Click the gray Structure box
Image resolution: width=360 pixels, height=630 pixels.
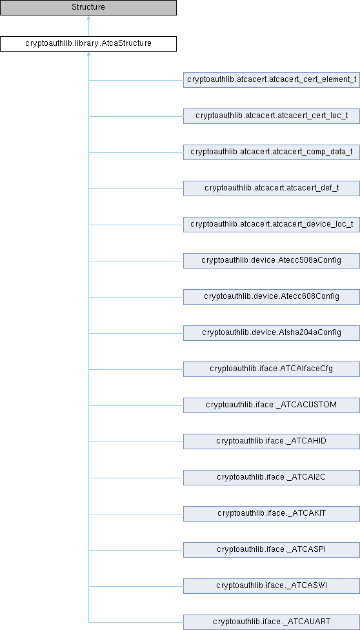pos(88,7)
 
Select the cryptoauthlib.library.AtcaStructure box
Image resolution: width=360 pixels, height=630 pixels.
pos(88,43)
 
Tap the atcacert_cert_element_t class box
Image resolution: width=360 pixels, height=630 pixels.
pos(272,79)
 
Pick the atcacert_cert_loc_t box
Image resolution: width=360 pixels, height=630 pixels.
pos(272,116)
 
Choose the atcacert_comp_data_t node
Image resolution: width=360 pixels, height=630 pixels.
pos(272,152)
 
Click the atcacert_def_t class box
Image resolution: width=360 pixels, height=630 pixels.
pos(272,188)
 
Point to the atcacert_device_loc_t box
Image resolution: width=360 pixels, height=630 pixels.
pos(272,224)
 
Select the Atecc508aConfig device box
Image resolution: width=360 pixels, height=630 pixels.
pos(272,260)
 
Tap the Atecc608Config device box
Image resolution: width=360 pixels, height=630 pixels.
pos(272,296)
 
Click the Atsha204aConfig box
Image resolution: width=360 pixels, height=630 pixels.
pos(272,332)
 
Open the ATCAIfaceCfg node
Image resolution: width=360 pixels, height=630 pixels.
pos(272,369)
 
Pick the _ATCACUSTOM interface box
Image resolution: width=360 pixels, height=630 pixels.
pos(272,405)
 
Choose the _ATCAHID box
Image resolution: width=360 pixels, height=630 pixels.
pos(272,441)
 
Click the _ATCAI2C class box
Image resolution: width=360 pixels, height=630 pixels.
pos(272,477)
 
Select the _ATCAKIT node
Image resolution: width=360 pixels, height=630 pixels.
pos(272,513)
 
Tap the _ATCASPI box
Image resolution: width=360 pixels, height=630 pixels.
pos(272,550)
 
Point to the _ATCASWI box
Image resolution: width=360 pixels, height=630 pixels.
pos(272,586)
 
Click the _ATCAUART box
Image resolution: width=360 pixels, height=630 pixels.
pos(272,622)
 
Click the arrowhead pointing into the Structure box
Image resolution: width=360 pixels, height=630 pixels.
pos(88,17)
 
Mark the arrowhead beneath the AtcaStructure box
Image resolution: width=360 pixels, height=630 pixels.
pos(88,54)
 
